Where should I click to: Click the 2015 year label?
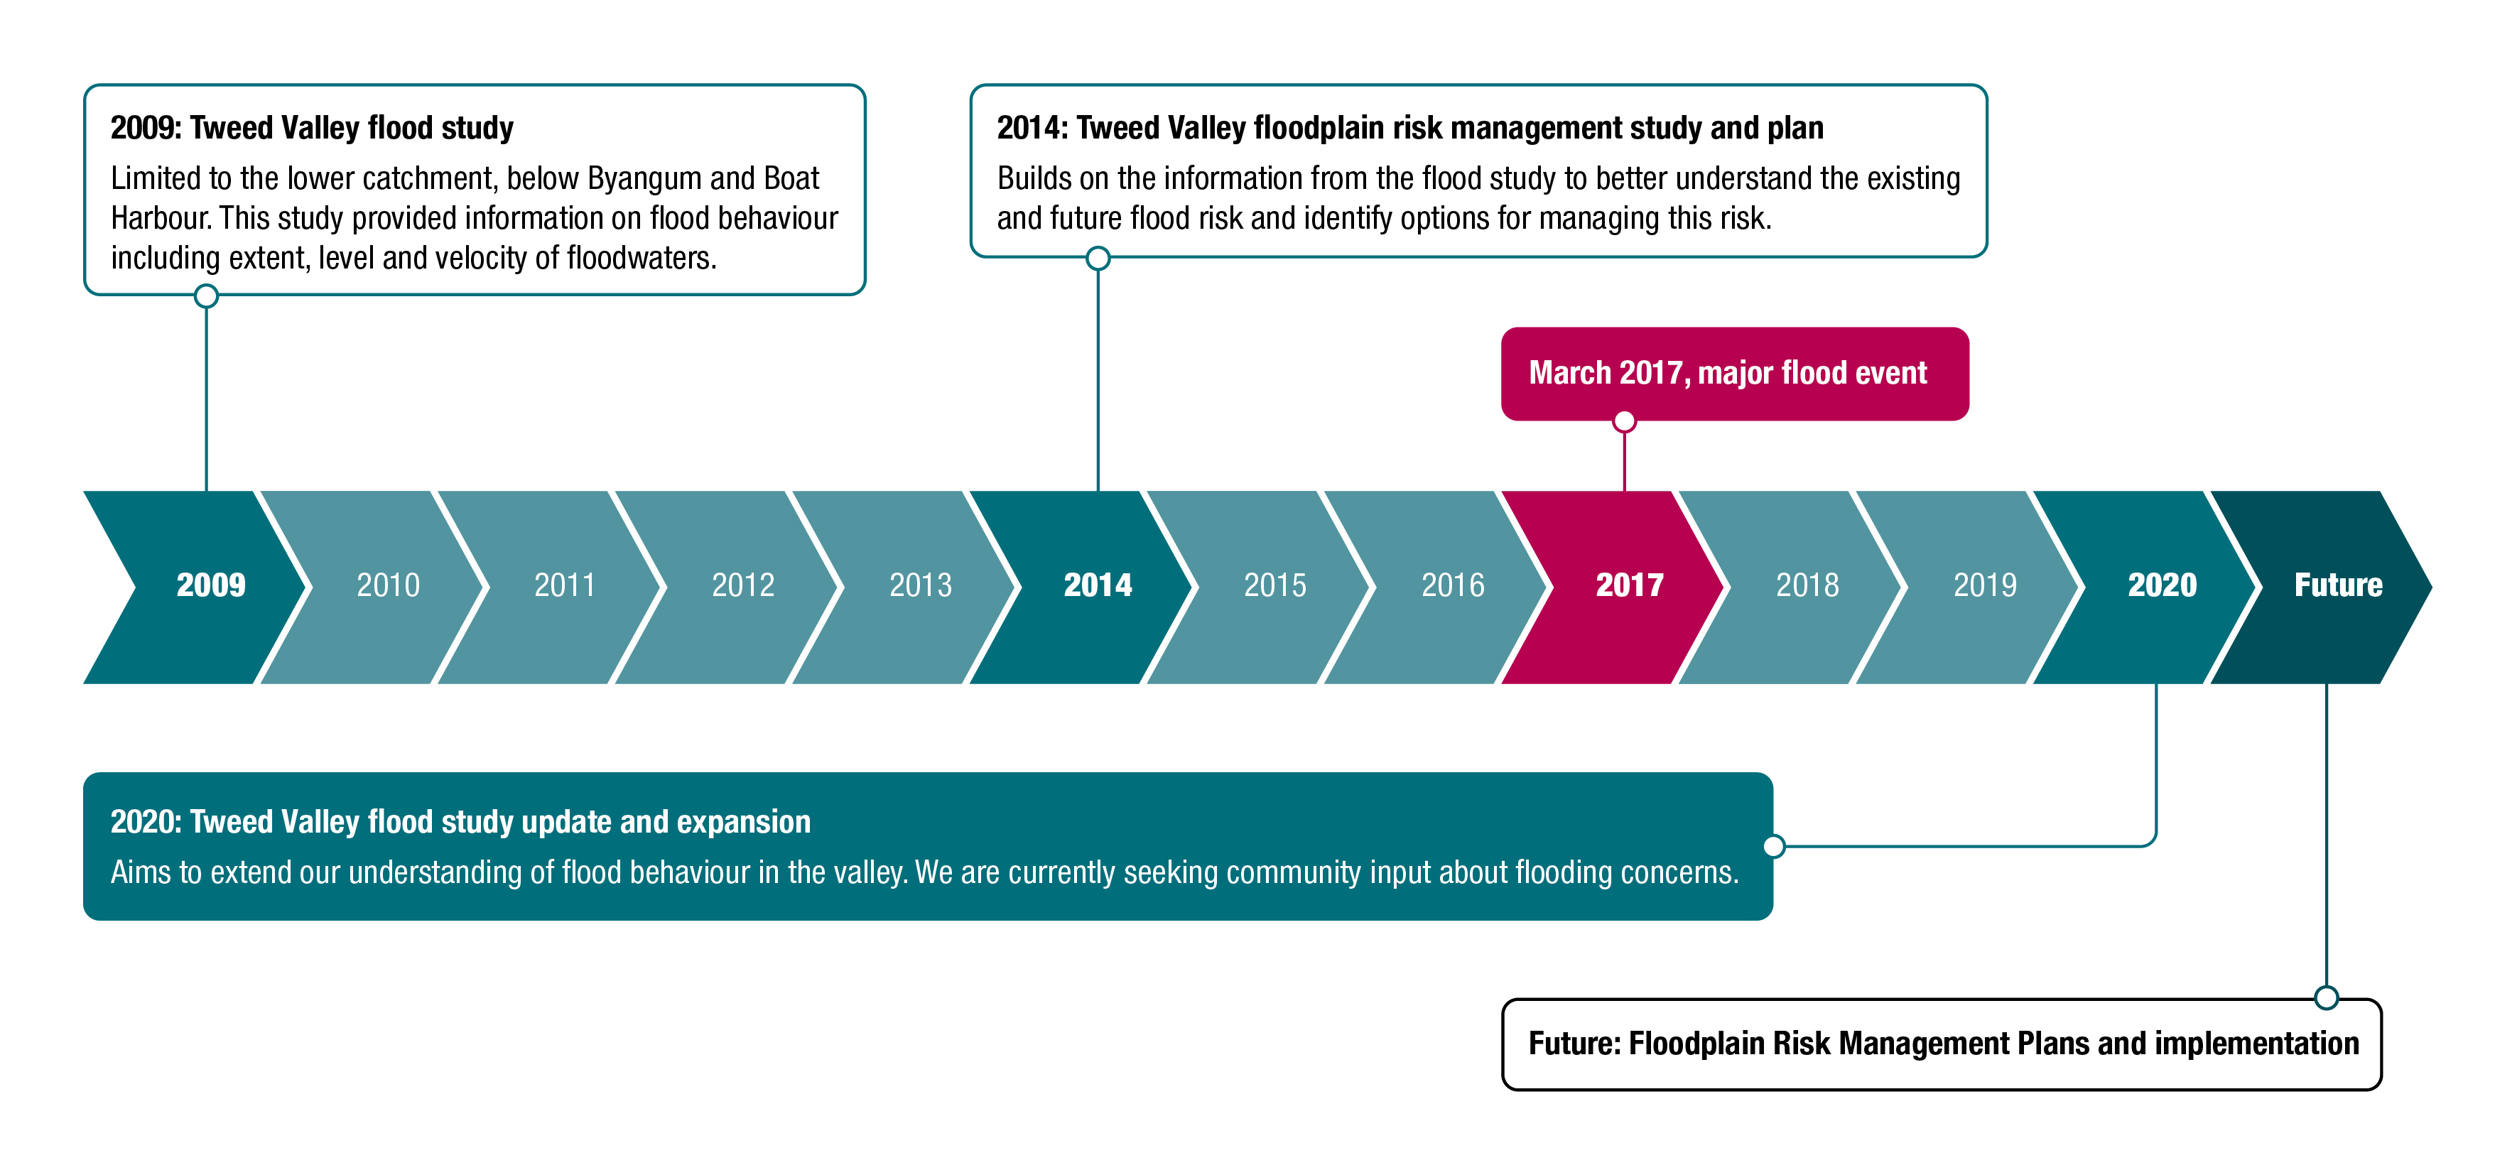(x=1275, y=585)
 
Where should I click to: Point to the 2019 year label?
(x=1984, y=585)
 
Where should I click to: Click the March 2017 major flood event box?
(x=1734, y=374)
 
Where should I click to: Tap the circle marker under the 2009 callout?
(x=206, y=296)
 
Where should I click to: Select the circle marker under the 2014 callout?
(x=1098, y=259)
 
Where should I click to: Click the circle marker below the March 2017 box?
(x=1624, y=421)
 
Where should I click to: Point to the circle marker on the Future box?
(x=2327, y=997)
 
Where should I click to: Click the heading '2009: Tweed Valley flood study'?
(x=312, y=128)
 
